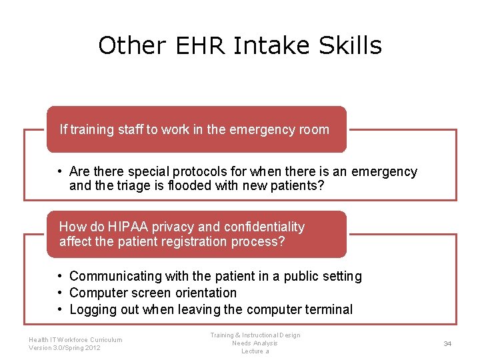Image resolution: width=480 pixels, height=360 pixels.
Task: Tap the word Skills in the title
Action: pos(351,46)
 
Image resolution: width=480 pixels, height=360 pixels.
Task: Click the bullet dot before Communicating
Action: pos(60,276)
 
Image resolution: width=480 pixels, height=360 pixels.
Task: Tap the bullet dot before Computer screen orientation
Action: pos(60,293)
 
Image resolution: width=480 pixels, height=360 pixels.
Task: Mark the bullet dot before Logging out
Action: pos(60,309)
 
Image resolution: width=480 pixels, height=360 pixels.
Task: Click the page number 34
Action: pos(447,343)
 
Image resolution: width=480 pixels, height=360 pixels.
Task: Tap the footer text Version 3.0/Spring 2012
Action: pos(65,347)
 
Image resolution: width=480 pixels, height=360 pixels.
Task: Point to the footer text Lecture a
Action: pos(255,351)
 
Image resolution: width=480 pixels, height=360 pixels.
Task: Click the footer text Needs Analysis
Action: pos(255,343)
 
